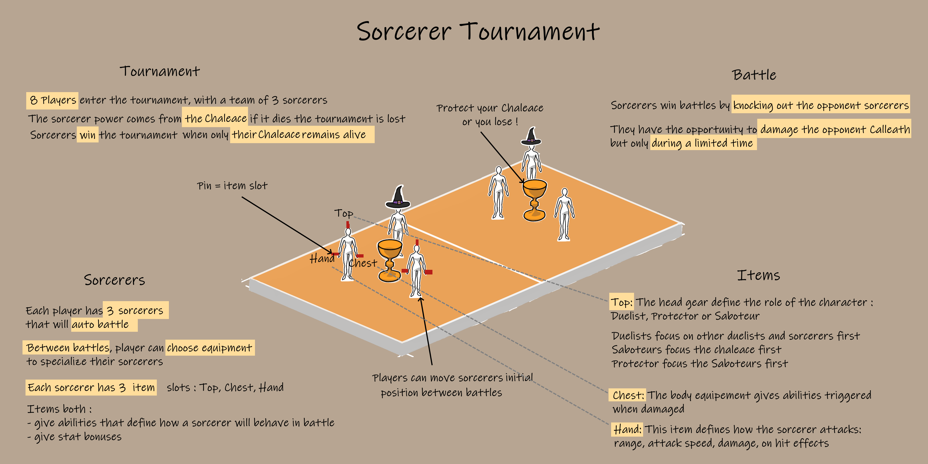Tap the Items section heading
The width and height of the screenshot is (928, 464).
[758, 275]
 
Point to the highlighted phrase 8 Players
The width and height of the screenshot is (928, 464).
[52, 100]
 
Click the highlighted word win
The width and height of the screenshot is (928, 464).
[87, 135]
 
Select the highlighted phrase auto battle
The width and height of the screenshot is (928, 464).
[104, 324]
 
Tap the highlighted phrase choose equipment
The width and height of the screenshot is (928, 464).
[210, 348]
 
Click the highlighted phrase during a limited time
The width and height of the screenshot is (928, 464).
[703, 143]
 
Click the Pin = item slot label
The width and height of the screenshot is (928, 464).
[232, 186]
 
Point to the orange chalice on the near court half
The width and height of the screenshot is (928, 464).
[390, 261]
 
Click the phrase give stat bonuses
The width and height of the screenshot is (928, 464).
[74, 437]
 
